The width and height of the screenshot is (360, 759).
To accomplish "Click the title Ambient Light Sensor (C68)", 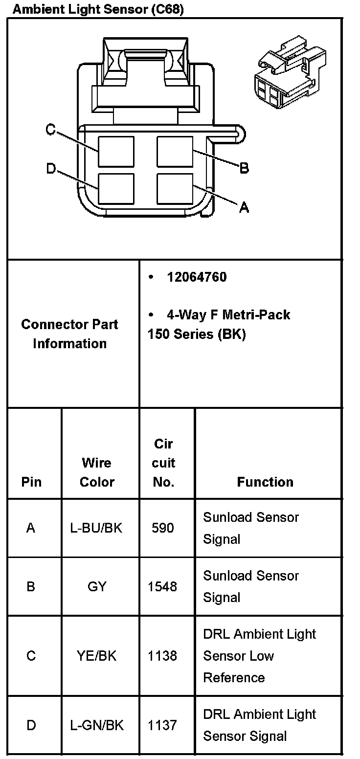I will click(x=98, y=9).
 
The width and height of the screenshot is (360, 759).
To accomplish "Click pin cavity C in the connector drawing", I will click(x=116, y=152).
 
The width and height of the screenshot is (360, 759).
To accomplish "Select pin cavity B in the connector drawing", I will click(x=175, y=152).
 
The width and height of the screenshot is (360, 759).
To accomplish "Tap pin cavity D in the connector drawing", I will click(x=116, y=189).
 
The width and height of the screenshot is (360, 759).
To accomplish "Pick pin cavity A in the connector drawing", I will click(x=175, y=188).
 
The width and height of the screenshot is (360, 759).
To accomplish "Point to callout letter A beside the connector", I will click(x=244, y=208).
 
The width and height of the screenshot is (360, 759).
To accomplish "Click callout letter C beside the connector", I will click(x=50, y=130).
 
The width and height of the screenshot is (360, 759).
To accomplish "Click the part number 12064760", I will click(x=197, y=277).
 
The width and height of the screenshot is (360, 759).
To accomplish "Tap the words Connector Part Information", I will click(x=70, y=334).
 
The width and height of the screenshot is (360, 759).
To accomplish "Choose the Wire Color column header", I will click(x=97, y=472).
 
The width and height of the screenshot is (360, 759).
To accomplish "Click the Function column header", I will click(x=265, y=482).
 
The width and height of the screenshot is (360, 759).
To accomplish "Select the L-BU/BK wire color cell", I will click(x=97, y=528).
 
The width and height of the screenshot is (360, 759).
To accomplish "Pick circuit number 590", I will click(x=162, y=528).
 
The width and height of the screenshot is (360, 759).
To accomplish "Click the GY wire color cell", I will click(x=97, y=586).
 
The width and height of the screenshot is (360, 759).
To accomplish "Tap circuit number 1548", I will click(x=162, y=586).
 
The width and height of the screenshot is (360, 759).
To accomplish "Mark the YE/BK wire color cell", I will click(x=97, y=656).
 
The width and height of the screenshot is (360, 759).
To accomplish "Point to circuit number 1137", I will click(x=162, y=725).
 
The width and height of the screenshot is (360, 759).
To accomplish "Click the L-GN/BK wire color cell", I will click(x=97, y=725).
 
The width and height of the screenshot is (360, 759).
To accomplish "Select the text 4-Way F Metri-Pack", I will click(x=228, y=314).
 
